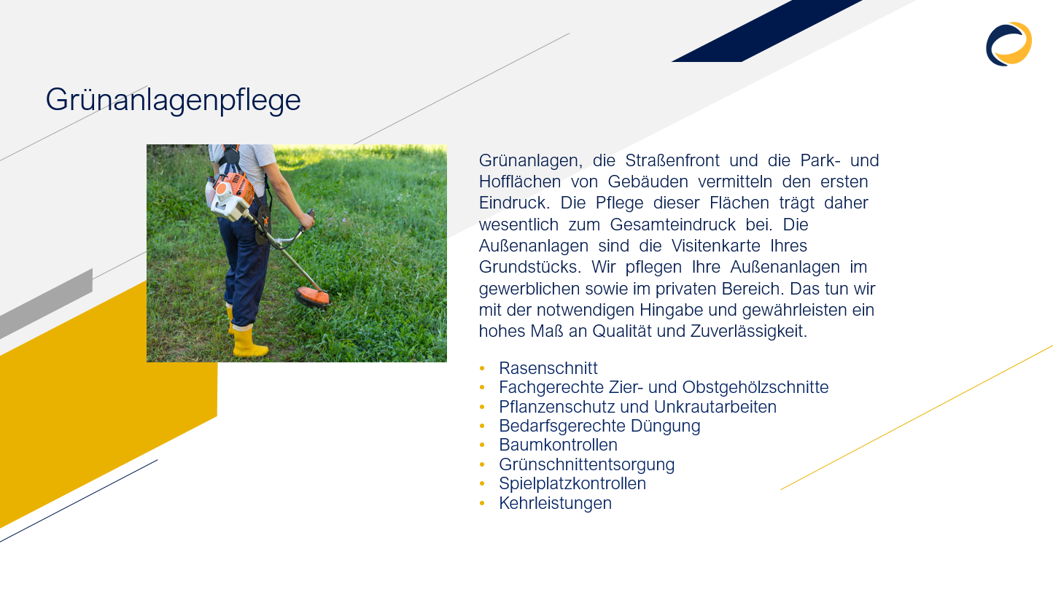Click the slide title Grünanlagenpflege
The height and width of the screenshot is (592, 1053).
pyautogui.click(x=173, y=100)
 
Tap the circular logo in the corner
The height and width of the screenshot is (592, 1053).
pyautogui.click(x=1009, y=44)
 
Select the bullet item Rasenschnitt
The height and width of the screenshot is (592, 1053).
pyautogui.click(x=548, y=368)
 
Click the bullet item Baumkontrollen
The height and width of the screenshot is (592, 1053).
pyautogui.click(x=558, y=445)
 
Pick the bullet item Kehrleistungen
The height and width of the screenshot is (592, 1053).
pyautogui.click(x=555, y=503)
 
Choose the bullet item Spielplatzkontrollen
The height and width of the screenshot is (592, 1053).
pyautogui.click(x=572, y=483)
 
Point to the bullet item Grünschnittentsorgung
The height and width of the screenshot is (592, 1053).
pyautogui.click(x=587, y=464)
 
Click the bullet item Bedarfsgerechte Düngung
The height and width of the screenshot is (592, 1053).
pyautogui.click(x=599, y=426)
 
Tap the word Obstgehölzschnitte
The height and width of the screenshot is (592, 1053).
pyautogui.click(x=755, y=387)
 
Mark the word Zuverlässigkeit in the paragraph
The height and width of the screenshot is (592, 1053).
pyautogui.click(x=748, y=331)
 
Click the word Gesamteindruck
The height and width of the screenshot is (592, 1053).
pyautogui.click(x=672, y=225)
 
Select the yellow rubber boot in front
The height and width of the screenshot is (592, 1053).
pyautogui.click(x=249, y=341)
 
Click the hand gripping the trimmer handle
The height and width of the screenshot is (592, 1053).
pyautogui.click(x=306, y=220)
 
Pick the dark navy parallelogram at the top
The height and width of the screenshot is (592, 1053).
pyautogui.click(x=766, y=31)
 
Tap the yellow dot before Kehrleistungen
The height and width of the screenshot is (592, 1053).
pyautogui.click(x=482, y=503)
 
